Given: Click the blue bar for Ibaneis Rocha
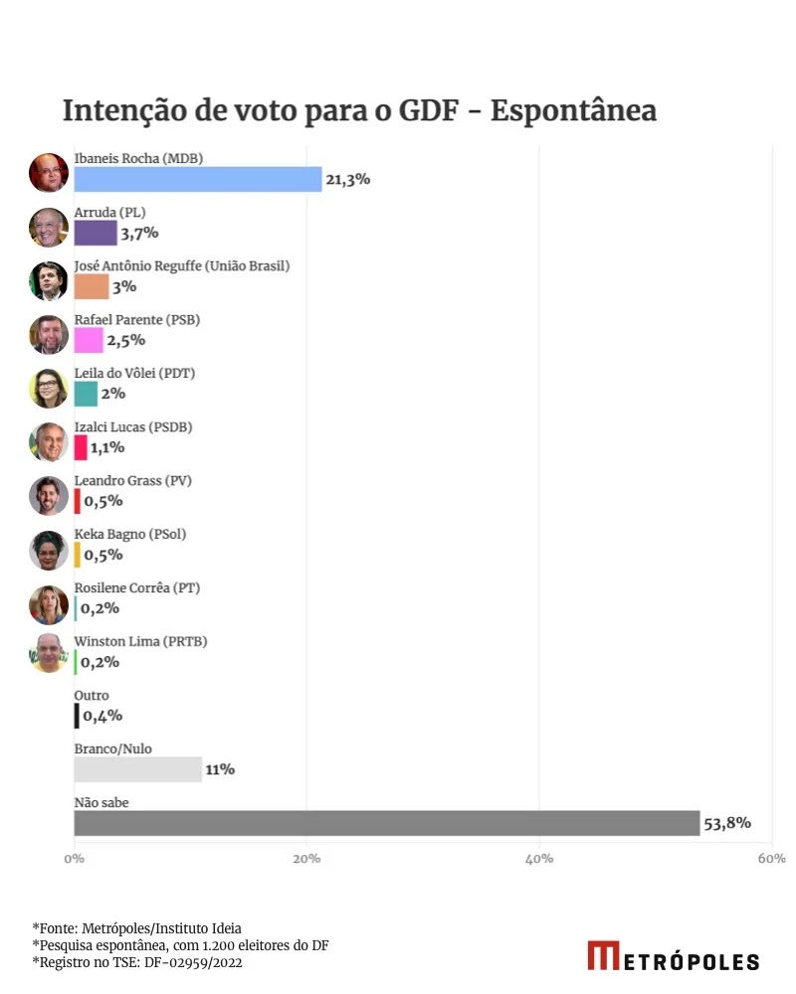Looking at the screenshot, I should [198, 179].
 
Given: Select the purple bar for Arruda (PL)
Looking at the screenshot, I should [95, 233].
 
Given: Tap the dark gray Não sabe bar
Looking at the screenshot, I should [386, 823].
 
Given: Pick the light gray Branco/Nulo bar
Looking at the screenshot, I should [137, 769].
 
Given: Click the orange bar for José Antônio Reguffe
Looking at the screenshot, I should [91, 286].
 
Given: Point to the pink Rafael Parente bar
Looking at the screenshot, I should [88, 340].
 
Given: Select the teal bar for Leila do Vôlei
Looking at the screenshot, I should [86, 394].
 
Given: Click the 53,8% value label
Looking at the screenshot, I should [728, 823].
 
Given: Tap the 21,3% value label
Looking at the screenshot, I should [348, 179].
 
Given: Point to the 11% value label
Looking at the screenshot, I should [220, 769].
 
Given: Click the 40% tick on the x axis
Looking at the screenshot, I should [539, 858].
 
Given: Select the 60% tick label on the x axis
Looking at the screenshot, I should [771, 858].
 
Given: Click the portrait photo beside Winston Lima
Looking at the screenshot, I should [48, 653].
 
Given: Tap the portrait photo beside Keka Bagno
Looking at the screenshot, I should [48, 550].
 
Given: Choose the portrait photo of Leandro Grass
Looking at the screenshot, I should [48, 496].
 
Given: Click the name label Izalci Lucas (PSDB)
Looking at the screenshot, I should [133, 427].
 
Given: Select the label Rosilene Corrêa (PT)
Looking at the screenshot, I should [137, 587].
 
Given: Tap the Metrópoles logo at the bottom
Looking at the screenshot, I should [673, 956].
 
